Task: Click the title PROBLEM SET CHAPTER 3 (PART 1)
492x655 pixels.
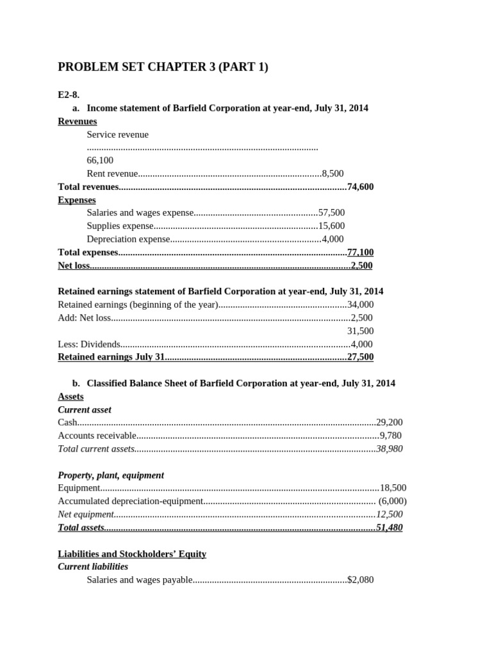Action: coord(163,67)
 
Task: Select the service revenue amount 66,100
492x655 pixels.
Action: coord(100,160)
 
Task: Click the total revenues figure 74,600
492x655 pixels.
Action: coord(360,187)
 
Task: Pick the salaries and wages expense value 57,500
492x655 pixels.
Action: coord(331,212)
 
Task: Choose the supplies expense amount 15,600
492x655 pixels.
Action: coord(331,226)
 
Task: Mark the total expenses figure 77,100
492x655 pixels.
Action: coord(360,252)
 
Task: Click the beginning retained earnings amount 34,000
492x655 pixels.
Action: coord(360,304)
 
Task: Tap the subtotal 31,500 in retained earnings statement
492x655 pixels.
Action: coord(360,331)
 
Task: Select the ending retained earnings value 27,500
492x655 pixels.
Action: coord(360,357)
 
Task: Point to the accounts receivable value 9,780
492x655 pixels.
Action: coord(391,436)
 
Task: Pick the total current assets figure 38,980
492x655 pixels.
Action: coord(389,448)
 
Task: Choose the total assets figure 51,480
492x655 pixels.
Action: coord(389,528)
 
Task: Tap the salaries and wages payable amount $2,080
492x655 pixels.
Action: coord(360,580)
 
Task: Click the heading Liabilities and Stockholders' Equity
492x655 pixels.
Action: coord(132,553)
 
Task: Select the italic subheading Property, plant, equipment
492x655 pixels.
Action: coord(111,475)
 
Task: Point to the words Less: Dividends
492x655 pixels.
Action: coord(89,344)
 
